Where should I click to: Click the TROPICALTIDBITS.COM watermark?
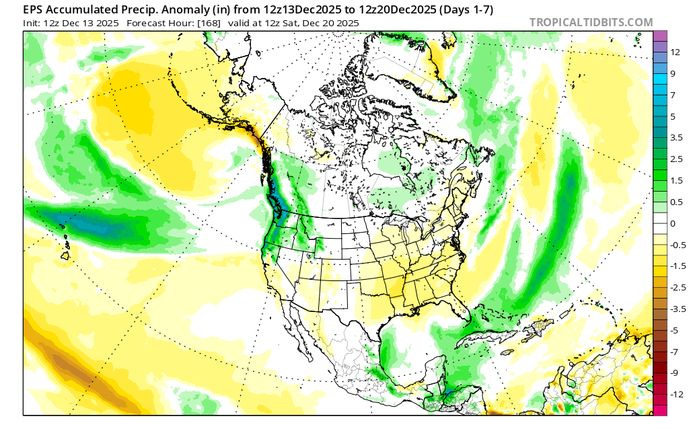pos(591,23)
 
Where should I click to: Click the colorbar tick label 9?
pos(674,73)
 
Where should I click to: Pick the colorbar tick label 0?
pos(674,223)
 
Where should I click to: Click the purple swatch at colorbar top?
pos(660,36)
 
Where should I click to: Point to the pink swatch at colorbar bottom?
pos(660,410)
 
